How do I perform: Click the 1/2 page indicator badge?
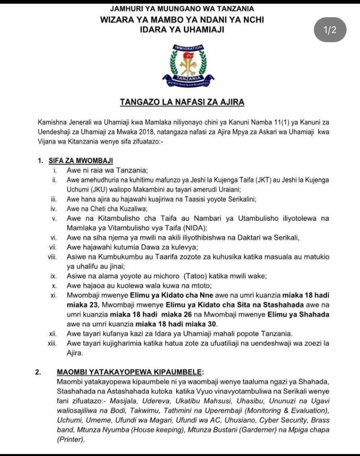coord(330,30)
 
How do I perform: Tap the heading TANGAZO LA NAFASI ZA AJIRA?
coord(182,102)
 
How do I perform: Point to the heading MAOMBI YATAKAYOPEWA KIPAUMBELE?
coord(130,372)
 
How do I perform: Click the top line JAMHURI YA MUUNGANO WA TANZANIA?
coord(182,9)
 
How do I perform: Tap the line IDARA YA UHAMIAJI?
coord(182,30)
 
